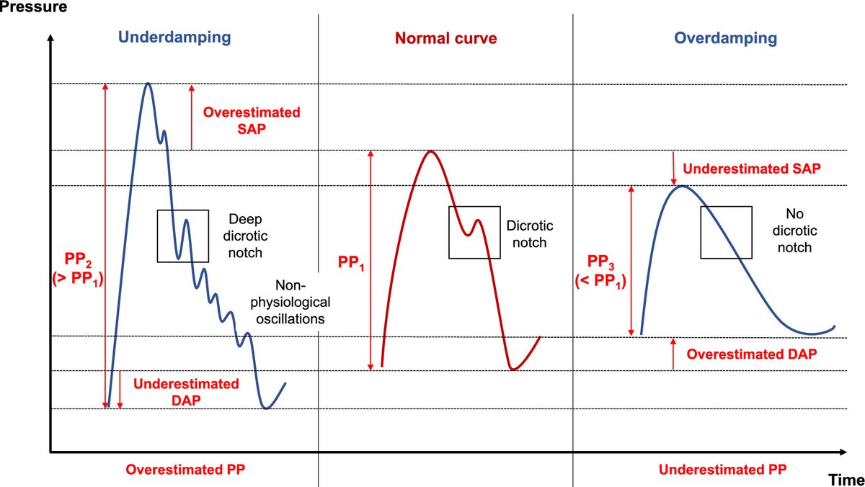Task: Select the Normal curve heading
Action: [445, 38]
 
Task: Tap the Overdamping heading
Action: [726, 37]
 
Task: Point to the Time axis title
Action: [845, 479]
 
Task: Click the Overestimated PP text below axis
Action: [186, 469]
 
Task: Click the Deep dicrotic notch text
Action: [244, 235]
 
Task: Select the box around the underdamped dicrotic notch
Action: [183, 235]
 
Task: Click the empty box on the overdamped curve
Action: [726, 232]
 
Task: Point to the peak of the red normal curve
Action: [430, 151]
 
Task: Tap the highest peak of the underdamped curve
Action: [148, 84]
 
